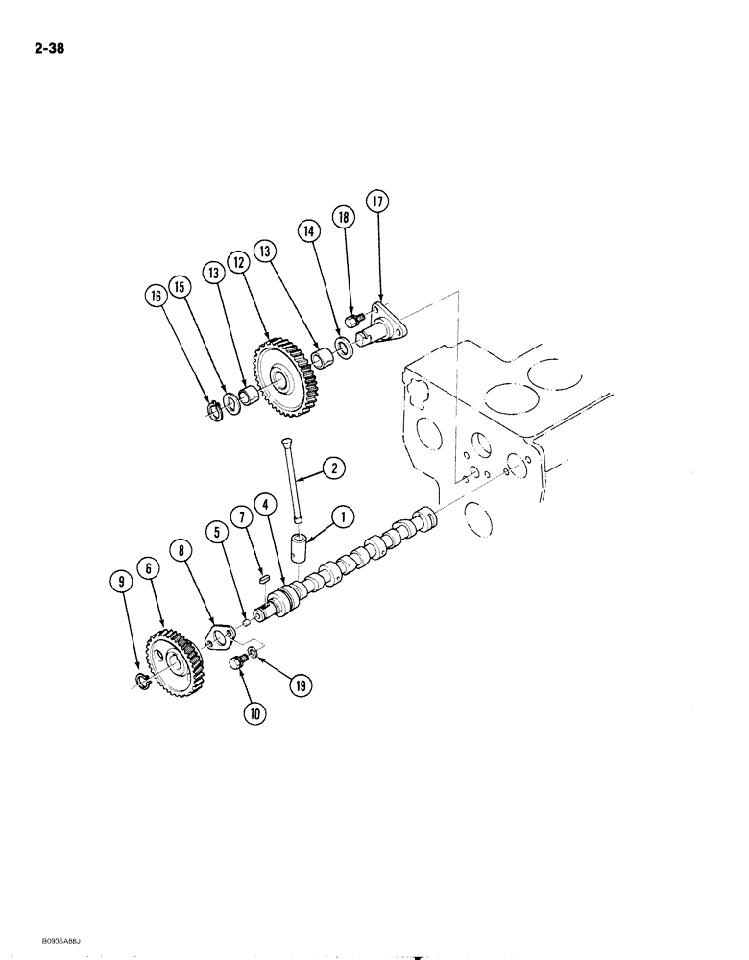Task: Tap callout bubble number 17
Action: pos(376,203)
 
